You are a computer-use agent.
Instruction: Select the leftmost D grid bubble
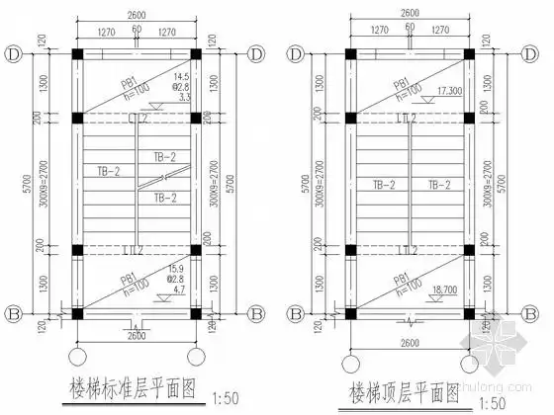tap(13, 52)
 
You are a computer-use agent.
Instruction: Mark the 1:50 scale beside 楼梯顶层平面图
tap(491, 400)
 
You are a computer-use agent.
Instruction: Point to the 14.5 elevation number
tap(182, 77)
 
